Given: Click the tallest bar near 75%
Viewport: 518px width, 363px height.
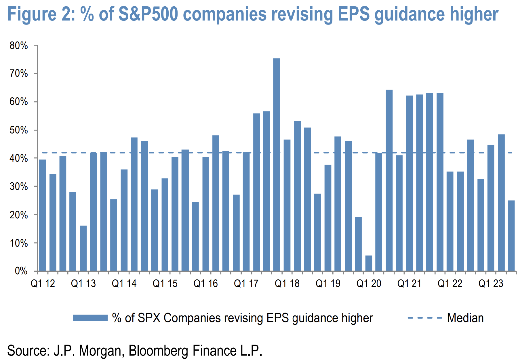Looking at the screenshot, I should (276, 164).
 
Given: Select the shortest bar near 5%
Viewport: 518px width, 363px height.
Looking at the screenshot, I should (369, 263).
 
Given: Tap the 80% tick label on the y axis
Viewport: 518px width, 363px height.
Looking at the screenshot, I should (19, 46).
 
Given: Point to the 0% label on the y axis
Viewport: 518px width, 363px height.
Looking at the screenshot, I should (21, 271).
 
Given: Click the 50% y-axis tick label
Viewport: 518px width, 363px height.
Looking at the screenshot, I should (19, 130).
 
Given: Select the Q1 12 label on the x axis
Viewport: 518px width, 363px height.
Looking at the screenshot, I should (43, 283).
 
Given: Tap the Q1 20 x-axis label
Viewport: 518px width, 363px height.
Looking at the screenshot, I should (369, 283).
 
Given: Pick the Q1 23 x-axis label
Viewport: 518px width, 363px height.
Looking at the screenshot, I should (491, 283).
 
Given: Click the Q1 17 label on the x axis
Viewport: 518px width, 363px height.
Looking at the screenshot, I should (246, 283).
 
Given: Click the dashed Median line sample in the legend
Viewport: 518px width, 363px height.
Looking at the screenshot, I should (425, 318).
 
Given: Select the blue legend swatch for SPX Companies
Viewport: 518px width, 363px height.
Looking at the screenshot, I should (90, 318).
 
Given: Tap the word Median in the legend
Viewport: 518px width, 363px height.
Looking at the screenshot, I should (465, 318).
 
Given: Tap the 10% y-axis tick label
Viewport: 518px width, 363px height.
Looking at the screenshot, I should (19, 243).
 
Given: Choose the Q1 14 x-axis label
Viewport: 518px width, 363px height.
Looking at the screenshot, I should (124, 283).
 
